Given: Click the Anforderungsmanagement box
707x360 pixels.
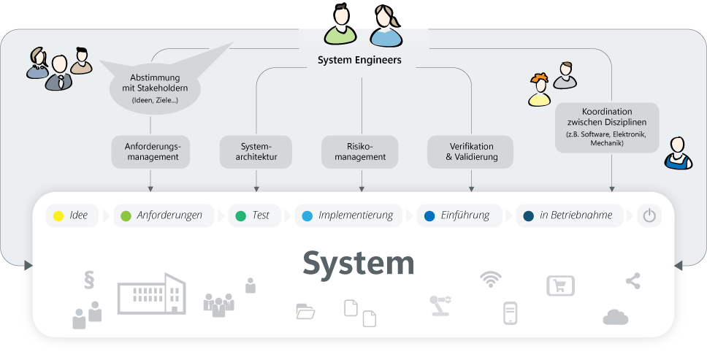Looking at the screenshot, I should pos(150,151).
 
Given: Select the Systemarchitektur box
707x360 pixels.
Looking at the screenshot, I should pos(256,151).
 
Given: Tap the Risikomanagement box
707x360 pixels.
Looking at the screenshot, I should pos(360,151).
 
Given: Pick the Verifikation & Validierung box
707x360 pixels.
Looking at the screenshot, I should pos(470,151).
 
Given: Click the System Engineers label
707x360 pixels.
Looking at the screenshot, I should pos(359,61).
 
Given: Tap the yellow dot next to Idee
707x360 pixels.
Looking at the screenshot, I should pos(58,216).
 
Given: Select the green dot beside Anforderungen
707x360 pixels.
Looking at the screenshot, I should pos(126,216).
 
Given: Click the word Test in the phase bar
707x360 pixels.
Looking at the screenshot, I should pos(261,215).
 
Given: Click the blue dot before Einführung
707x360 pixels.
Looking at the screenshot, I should pos(429,216).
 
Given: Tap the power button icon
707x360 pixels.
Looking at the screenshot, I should pos(649,216).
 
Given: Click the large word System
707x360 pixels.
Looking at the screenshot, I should pos(359,263).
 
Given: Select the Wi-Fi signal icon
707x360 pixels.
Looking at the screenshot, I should pos(490,279).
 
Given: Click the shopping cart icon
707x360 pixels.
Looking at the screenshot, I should pos(560,286).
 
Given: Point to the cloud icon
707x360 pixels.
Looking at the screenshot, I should pos(616,317).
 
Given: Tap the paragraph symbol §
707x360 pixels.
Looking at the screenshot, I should pos(91,280).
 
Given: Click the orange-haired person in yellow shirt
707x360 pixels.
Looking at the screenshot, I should pos(539,90).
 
